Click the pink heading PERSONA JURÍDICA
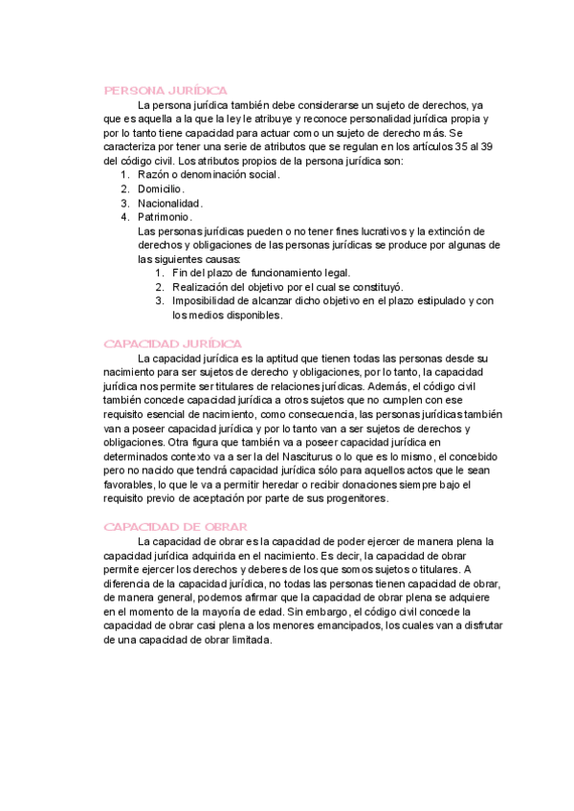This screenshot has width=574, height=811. (x=165, y=90)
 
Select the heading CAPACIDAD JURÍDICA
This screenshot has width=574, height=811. (x=172, y=342)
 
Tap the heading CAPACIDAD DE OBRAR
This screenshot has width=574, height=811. (x=175, y=527)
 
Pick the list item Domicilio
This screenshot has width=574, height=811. (x=161, y=189)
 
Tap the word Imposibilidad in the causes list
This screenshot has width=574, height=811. (x=205, y=300)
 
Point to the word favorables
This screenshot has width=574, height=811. (x=132, y=485)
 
